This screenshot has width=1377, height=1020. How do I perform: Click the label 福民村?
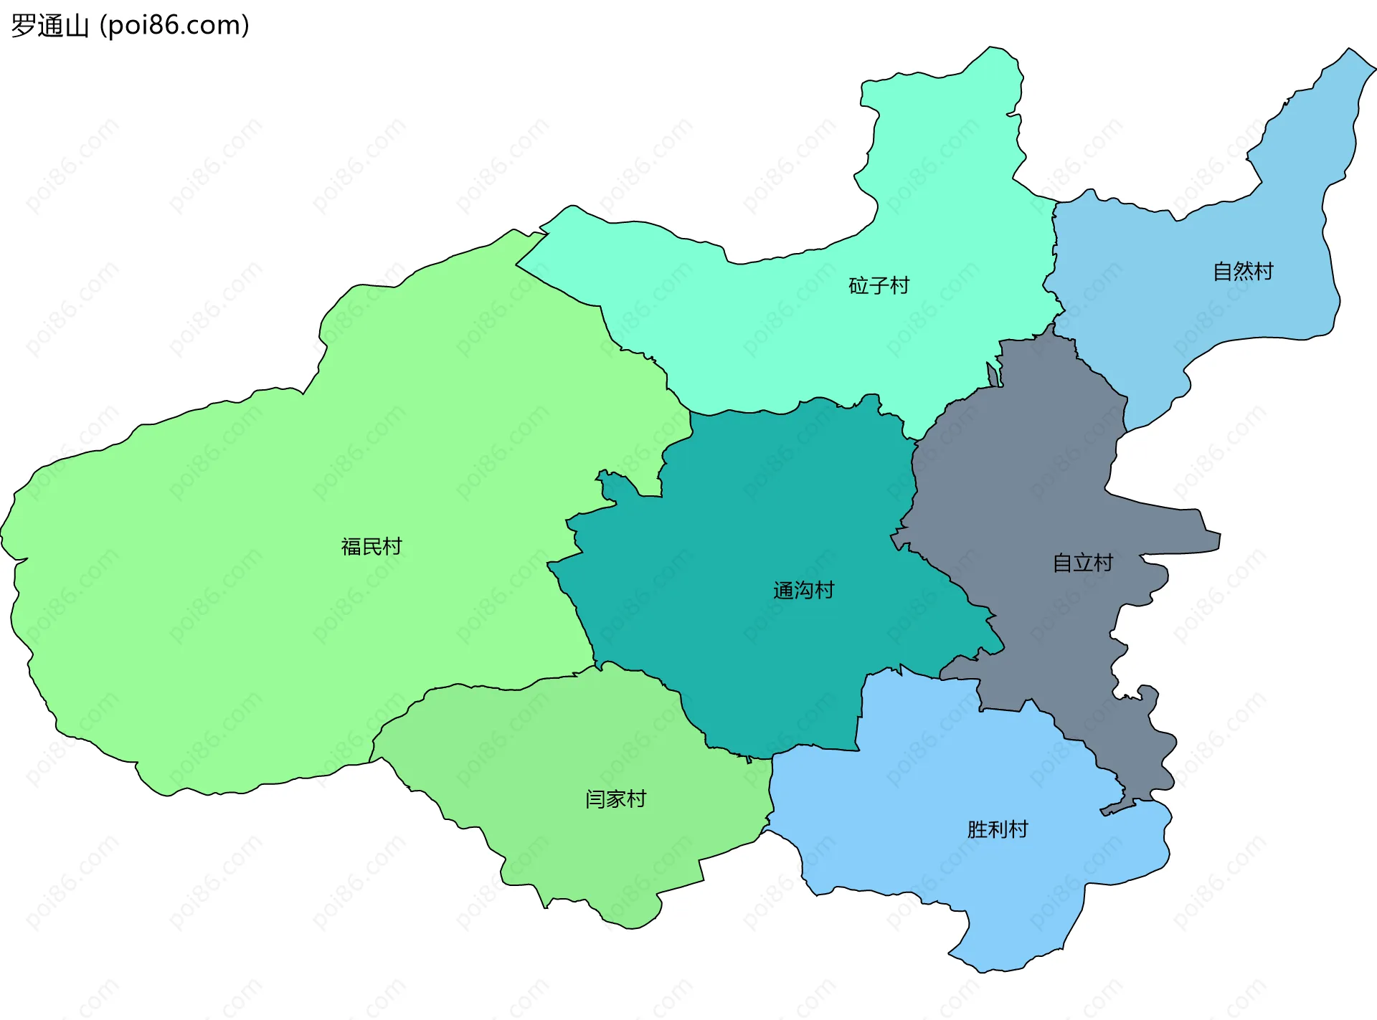[372, 547]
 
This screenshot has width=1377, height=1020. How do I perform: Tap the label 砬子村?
[879, 286]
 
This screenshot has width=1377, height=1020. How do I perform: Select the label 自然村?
[1243, 272]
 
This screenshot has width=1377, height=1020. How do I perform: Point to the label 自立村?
[1082, 563]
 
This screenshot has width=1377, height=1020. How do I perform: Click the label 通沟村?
[803, 591]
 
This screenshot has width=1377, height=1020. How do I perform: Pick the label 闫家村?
[615, 799]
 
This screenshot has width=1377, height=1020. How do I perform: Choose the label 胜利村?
[998, 830]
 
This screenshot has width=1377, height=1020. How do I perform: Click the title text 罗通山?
[49, 26]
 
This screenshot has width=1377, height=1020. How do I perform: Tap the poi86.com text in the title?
[174, 26]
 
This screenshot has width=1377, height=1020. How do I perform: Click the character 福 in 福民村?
[351, 547]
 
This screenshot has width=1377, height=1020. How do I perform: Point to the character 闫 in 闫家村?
[595, 799]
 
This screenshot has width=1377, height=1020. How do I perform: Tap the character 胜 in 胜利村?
[977, 830]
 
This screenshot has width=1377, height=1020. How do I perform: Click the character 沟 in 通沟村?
[804, 591]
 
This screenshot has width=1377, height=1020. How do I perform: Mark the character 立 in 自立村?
[1083, 563]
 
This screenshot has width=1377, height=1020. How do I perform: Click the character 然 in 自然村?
[1244, 272]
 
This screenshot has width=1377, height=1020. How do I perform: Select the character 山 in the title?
[76, 27]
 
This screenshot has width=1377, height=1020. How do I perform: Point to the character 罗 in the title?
[23, 26]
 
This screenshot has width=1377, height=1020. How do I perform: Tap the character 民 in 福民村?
[372, 547]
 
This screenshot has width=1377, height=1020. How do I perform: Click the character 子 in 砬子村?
[879, 286]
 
